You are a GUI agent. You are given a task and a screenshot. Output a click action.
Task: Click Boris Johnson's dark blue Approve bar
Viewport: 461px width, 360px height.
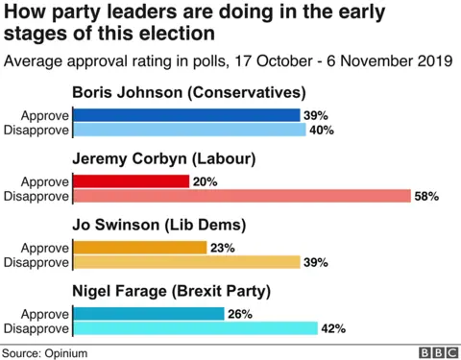186,115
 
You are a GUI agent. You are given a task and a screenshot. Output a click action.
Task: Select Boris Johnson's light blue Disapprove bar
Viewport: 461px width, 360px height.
189,130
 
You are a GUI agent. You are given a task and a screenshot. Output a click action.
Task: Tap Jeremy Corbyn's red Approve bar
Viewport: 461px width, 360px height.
131,181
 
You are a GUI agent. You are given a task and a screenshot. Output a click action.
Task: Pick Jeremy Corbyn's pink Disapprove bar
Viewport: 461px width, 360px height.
244,196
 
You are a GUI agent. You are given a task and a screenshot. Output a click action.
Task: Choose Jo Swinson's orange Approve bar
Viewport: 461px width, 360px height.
139,248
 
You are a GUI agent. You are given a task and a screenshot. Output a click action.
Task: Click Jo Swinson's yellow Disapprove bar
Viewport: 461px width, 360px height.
188,262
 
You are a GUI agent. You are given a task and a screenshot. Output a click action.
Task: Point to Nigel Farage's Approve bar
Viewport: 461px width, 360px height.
148,313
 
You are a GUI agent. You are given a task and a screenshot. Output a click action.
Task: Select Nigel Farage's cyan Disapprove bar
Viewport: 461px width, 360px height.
195,327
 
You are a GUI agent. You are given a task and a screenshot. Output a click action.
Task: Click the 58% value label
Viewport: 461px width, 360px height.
426,196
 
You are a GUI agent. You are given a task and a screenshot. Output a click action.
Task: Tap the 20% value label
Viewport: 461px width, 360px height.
205,181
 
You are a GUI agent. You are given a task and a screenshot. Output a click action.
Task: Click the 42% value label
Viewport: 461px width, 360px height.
333,327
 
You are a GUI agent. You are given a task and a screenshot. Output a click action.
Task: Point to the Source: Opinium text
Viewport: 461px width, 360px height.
44,352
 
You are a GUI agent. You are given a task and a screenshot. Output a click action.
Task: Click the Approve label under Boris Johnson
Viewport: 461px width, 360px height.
47,115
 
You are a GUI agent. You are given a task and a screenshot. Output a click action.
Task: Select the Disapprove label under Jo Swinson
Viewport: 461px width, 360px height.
38,262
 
